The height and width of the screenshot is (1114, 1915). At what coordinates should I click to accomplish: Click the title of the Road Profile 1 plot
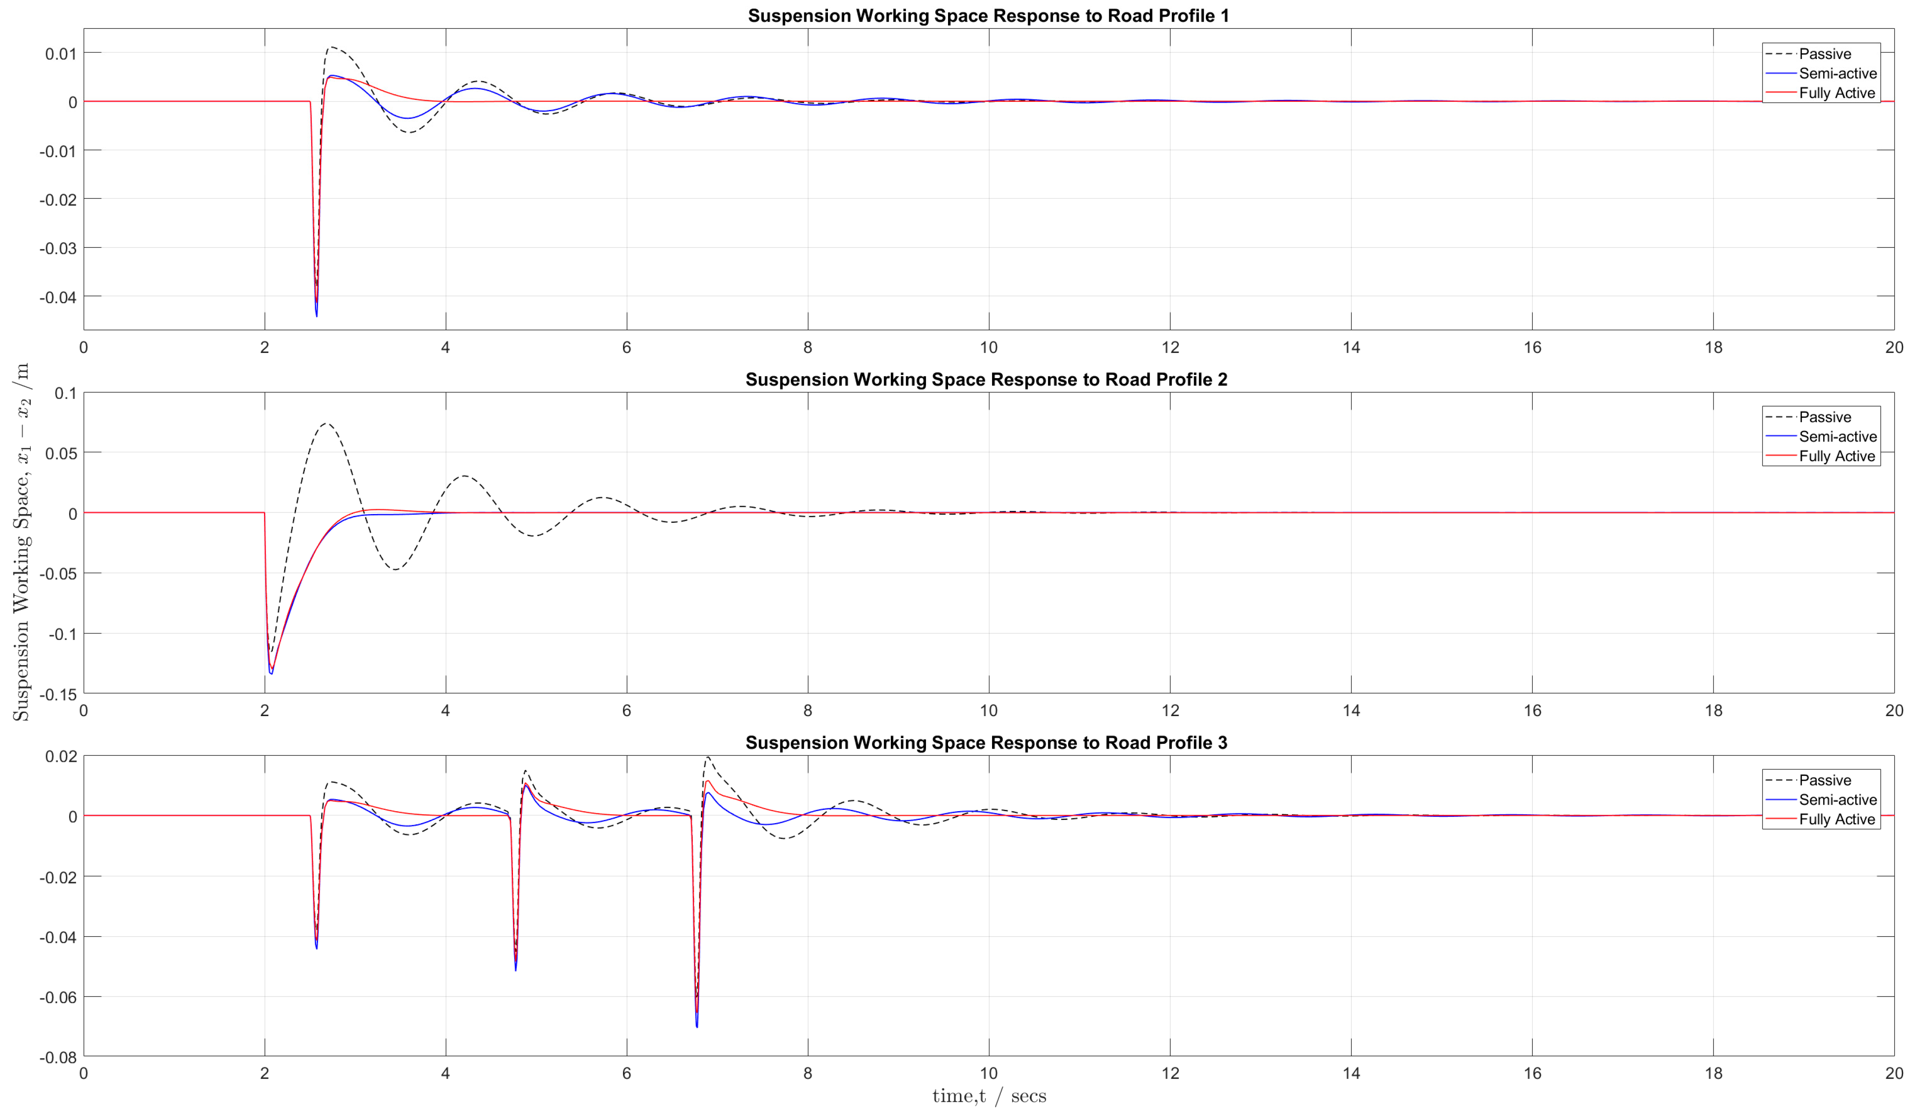coord(988,15)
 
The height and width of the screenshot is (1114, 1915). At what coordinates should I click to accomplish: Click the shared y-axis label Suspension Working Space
coord(21,541)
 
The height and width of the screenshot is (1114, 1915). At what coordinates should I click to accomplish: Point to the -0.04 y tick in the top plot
coord(58,298)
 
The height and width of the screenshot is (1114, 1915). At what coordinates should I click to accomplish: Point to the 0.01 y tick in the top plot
coord(61,54)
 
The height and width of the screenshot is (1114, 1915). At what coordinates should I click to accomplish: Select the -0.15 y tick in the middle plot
coord(58,694)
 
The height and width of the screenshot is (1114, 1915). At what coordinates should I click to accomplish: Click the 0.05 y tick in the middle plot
coord(61,453)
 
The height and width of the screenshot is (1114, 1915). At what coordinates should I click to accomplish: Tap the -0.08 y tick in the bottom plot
coord(58,1057)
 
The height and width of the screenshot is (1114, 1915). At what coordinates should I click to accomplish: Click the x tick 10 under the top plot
coord(988,348)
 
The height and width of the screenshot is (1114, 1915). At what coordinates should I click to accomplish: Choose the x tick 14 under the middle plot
coord(1351,710)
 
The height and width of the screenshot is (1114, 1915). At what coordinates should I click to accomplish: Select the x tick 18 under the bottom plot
coord(1713,1073)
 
